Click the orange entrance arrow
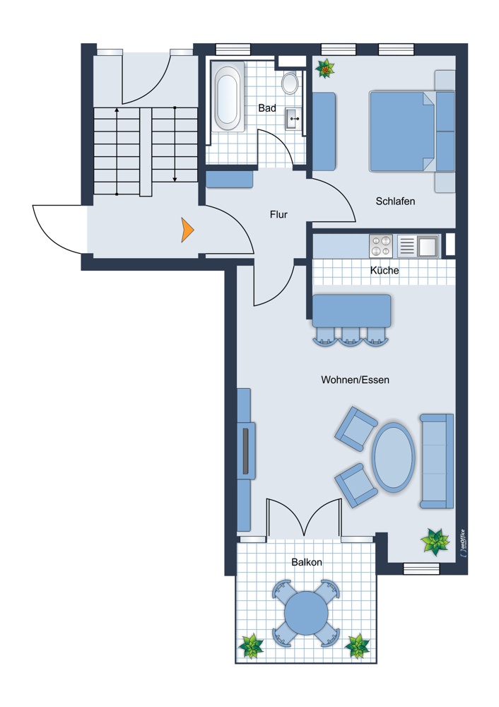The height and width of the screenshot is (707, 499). click(x=187, y=230)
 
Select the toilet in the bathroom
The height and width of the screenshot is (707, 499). click(x=290, y=82)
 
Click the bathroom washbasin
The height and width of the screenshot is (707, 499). click(x=293, y=119)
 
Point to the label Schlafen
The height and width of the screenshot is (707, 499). click(x=395, y=201)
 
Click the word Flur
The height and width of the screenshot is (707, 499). click(x=278, y=215)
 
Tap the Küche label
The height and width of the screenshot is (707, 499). click(x=384, y=270)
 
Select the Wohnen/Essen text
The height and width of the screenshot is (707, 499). click(x=356, y=380)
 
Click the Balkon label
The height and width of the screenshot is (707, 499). click(x=307, y=562)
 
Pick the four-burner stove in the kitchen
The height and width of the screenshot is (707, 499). click(x=381, y=246)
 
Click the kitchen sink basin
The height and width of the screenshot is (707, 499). click(x=428, y=246)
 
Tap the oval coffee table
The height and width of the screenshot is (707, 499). click(x=393, y=457)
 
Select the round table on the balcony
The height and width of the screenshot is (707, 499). click(x=307, y=613)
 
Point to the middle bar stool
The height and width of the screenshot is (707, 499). click(x=351, y=337)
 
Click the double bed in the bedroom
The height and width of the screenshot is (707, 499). click(x=411, y=132)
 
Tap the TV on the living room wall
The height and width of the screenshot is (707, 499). click(x=246, y=451)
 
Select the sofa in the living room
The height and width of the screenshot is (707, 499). click(x=436, y=461)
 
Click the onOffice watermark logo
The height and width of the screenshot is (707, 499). click(x=463, y=544)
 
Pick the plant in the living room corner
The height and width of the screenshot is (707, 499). click(x=435, y=542)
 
